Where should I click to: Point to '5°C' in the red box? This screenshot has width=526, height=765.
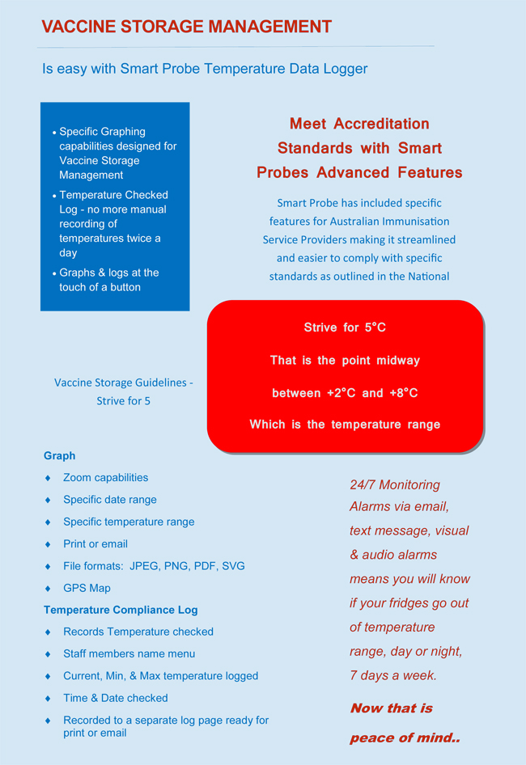pos(375,328)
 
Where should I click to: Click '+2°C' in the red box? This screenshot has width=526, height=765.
pos(341,393)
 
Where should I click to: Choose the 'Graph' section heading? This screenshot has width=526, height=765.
pos(59,455)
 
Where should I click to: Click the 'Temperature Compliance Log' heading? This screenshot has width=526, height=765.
pos(121,610)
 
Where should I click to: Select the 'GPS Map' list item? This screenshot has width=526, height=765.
pos(87,588)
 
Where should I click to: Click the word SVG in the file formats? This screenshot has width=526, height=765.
pos(233,566)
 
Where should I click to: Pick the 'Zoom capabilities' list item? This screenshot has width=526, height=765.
pos(105,477)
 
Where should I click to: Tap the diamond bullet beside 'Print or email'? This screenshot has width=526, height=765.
pos(48,544)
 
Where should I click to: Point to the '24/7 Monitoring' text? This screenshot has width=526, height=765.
pos(395,484)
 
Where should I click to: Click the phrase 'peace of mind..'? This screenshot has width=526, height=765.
pos(405,738)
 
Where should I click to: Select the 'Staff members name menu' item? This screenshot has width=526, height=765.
pos(129,653)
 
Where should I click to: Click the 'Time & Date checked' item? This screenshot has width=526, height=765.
pos(115,698)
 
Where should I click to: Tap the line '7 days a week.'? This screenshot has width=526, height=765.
pos(392,675)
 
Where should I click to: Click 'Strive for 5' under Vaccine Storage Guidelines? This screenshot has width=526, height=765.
pos(123,400)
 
